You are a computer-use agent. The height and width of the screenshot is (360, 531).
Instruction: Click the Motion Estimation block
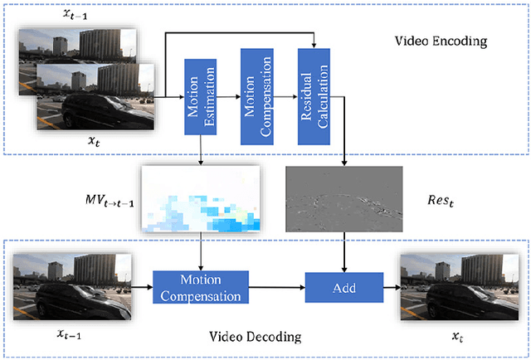[200, 95]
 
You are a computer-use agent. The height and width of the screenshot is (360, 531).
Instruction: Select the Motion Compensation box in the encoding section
[256, 92]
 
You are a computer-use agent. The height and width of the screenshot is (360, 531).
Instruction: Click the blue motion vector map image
[201, 199]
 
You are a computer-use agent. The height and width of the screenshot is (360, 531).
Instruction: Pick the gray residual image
[343, 198]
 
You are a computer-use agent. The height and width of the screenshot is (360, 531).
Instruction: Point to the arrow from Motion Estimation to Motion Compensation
[228, 97]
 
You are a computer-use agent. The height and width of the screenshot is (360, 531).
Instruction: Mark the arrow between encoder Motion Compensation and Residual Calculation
[285, 97]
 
